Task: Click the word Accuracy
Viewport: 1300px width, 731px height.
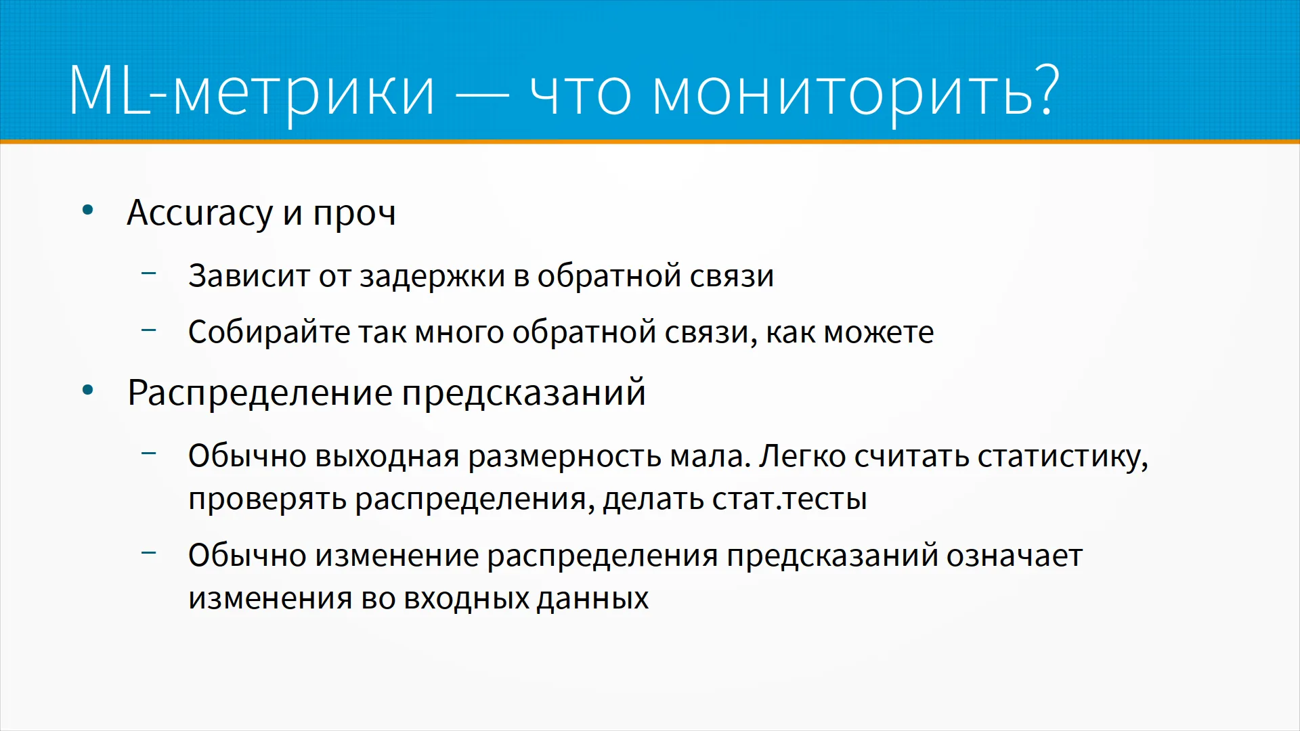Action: (200, 214)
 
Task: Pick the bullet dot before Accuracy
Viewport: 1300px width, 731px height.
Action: (87, 211)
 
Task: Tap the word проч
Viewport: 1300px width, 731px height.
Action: (354, 215)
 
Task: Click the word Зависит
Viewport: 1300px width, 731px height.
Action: (249, 276)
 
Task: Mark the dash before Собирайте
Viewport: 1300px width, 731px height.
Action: (149, 330)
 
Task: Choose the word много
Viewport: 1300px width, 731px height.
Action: (460, 334)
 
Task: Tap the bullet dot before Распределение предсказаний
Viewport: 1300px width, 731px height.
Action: (87, 391)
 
